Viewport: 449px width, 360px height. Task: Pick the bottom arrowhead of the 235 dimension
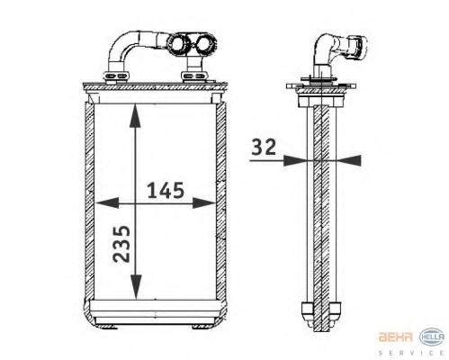click(x=135, y=293)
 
